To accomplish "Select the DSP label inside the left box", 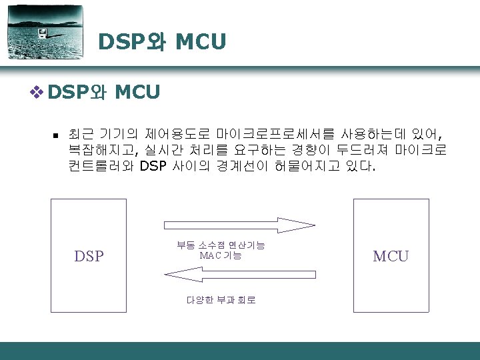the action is click(89, 256).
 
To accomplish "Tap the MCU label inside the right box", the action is click(391, 256).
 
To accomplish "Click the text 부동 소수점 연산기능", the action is click(221, 245).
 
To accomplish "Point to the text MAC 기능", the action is click(221, 255).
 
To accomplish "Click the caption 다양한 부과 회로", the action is click(221, 300).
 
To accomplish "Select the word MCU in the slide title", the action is click(201, 42).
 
